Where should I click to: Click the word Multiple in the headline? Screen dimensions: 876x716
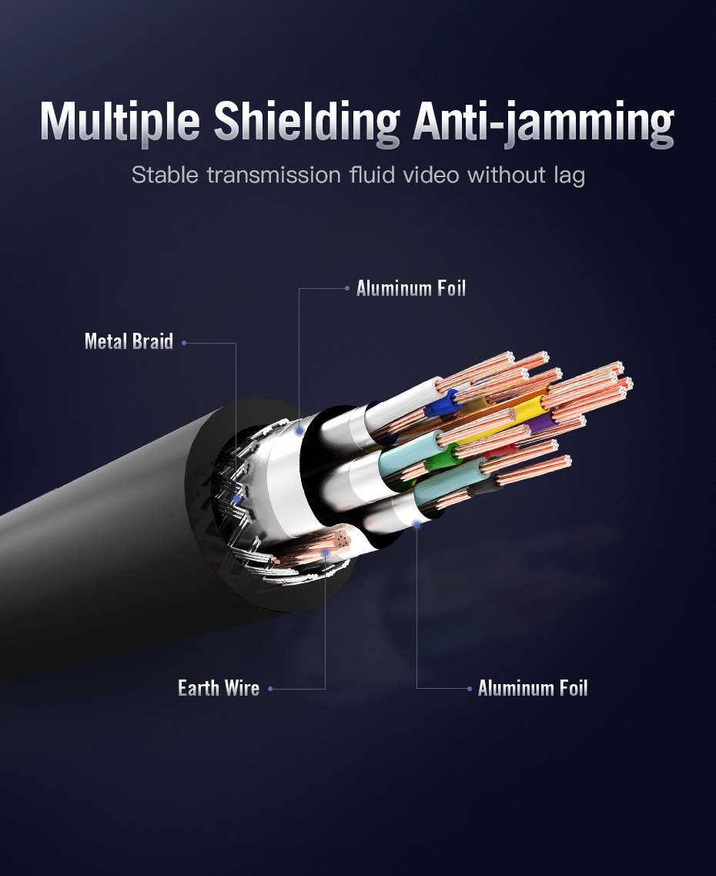(119, 121)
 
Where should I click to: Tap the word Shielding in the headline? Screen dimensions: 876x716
(306, 121)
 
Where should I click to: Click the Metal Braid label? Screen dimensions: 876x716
(129, 341)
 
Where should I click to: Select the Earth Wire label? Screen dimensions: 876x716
(219, 688)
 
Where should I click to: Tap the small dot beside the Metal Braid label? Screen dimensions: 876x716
(184, 343)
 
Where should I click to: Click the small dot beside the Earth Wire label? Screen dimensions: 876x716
(270, 689)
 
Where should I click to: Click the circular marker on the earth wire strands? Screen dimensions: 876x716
(326, 552)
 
